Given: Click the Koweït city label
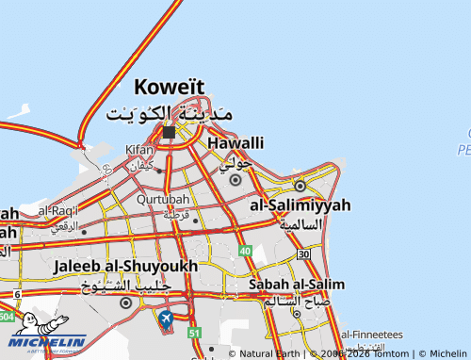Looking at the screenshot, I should (x=170, y=88).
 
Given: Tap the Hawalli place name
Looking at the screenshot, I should (x=235, y=142).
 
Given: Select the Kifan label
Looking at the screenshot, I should (x=138, y=150).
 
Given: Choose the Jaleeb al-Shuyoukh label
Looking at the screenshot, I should (x=125, y=267).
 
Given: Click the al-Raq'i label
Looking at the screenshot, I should (x=58, y=210).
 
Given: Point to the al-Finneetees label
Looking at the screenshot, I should (x=371, y=334).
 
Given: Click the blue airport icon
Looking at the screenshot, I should (x=167, y=320).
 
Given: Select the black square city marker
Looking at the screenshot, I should (x=169, y=133).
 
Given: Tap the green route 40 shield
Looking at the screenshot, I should (x=245, y=252).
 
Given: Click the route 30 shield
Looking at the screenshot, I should (x=302, y=254).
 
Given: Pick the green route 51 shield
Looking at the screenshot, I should (x=194, y=333).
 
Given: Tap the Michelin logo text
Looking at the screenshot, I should (x=48, y=343).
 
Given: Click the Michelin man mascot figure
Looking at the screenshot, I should (x=28, y=325).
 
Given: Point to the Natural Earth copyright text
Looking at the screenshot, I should (x=265, y=353).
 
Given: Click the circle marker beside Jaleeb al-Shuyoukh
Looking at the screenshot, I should (x=126, y=303).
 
